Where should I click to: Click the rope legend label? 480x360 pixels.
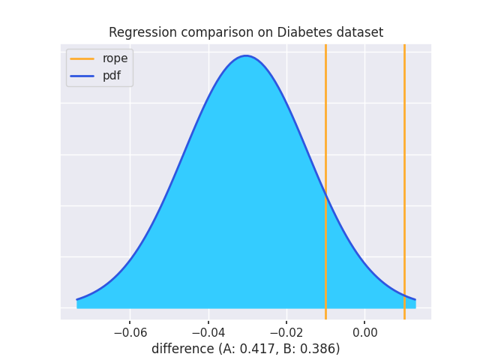pyautogui.click(x=115, y=58)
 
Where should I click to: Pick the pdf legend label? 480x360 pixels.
pyautogui.click(x=111, y=76)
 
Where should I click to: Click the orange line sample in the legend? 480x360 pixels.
pyautogui.click(x=82, y=58)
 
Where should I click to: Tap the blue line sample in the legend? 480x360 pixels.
pyautogui.click(x=82, y=76)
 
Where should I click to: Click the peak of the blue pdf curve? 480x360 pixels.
pyautogui.click(x=245, y=56)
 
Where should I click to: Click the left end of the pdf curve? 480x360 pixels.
pyautogui.click(x=77, y=299)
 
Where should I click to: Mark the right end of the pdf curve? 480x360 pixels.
pyautogui.click(x=415, y=300)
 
